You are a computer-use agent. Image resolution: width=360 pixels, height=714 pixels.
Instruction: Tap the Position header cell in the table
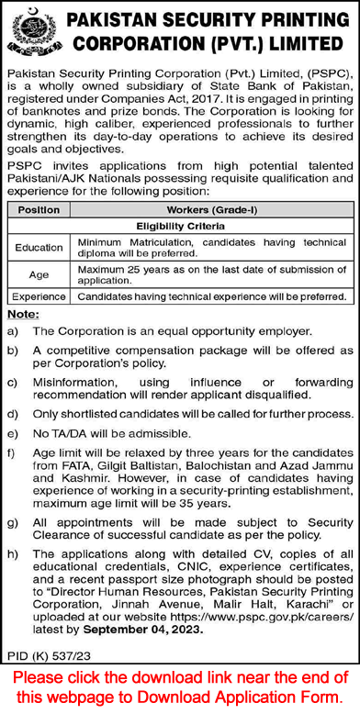(38, 210)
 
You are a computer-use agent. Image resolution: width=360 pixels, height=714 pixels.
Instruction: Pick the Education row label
(38, 248)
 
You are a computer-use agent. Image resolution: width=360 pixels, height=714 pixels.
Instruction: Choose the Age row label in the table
(38, 273)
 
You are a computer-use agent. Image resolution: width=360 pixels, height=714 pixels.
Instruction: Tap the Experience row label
(38, 297)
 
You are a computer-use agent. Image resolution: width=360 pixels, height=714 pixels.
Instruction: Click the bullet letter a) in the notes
(12, 329)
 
